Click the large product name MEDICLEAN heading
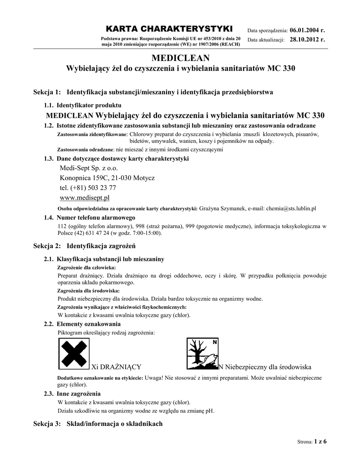click(180, 58)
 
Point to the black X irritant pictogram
click(74, 353)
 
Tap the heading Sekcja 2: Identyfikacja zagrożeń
click(85, 246)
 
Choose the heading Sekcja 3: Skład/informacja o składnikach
click(98, 424)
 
